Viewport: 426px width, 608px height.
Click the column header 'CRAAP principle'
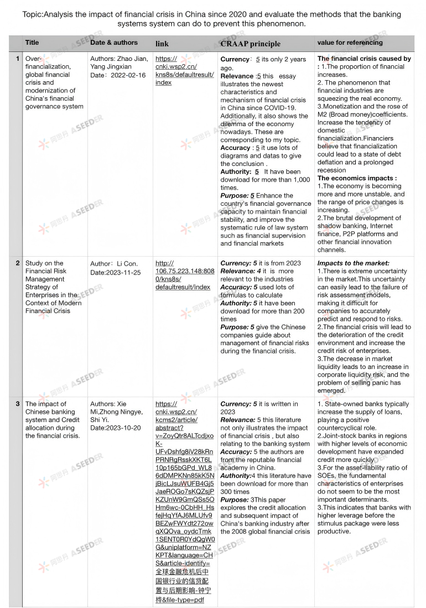250,44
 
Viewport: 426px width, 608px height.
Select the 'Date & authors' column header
114,42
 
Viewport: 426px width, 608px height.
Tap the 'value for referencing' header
350,43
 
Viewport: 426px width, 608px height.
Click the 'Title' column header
32,43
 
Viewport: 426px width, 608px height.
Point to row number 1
18,59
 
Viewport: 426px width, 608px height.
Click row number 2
18,263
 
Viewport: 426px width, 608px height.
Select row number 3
18,404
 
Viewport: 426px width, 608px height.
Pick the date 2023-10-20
122,428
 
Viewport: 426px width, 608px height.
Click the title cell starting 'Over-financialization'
54,82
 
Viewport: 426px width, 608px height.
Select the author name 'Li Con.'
127,264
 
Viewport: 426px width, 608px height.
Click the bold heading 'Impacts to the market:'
353,263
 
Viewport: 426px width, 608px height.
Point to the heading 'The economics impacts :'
357,178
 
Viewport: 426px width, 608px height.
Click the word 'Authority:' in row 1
236,172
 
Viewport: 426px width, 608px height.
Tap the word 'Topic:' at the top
34,15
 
